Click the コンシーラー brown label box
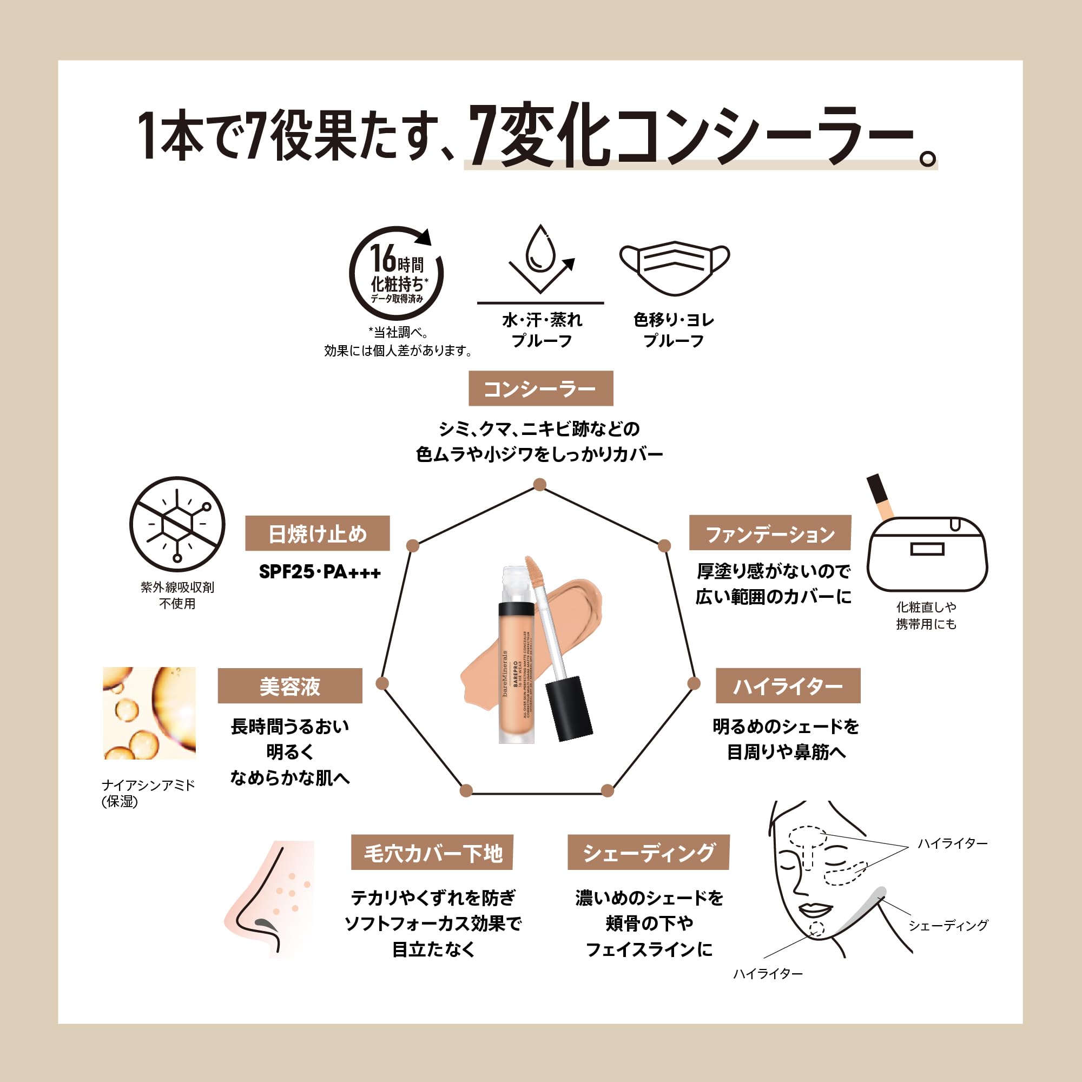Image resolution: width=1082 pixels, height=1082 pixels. tap(540, 388)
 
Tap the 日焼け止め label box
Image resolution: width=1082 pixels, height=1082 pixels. tap(317, 533)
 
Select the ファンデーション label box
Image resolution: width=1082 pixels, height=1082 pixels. tap(769, 533)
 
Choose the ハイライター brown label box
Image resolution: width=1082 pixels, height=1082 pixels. tap(787, 685)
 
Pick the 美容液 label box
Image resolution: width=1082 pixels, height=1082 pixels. tap(289, 686)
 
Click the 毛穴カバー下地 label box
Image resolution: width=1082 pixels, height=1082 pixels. tap(432, 853)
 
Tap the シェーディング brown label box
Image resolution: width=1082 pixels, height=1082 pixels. tap(648, 853)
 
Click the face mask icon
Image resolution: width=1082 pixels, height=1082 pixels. tap(674, 268)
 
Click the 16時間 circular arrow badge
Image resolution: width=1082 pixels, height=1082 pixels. tap(397, 274)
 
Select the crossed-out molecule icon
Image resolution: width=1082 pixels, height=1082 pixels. tap(177, 525)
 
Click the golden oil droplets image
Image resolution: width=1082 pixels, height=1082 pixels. tap(149, 713)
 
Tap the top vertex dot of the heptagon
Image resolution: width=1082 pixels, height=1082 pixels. tap(540, 484)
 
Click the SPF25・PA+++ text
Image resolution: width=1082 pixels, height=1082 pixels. tap(320, 572)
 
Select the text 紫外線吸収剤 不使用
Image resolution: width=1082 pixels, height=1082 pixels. tap(177, 595)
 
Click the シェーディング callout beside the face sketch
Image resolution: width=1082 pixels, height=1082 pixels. tap(948, 925)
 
